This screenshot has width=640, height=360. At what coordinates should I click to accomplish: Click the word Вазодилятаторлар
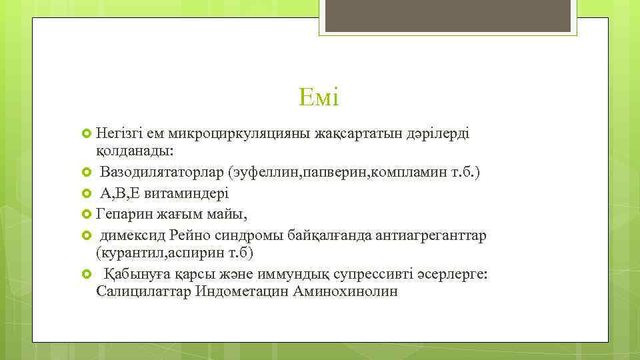click(162, 173)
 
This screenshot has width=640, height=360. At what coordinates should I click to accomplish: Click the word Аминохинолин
click(345, 292)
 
